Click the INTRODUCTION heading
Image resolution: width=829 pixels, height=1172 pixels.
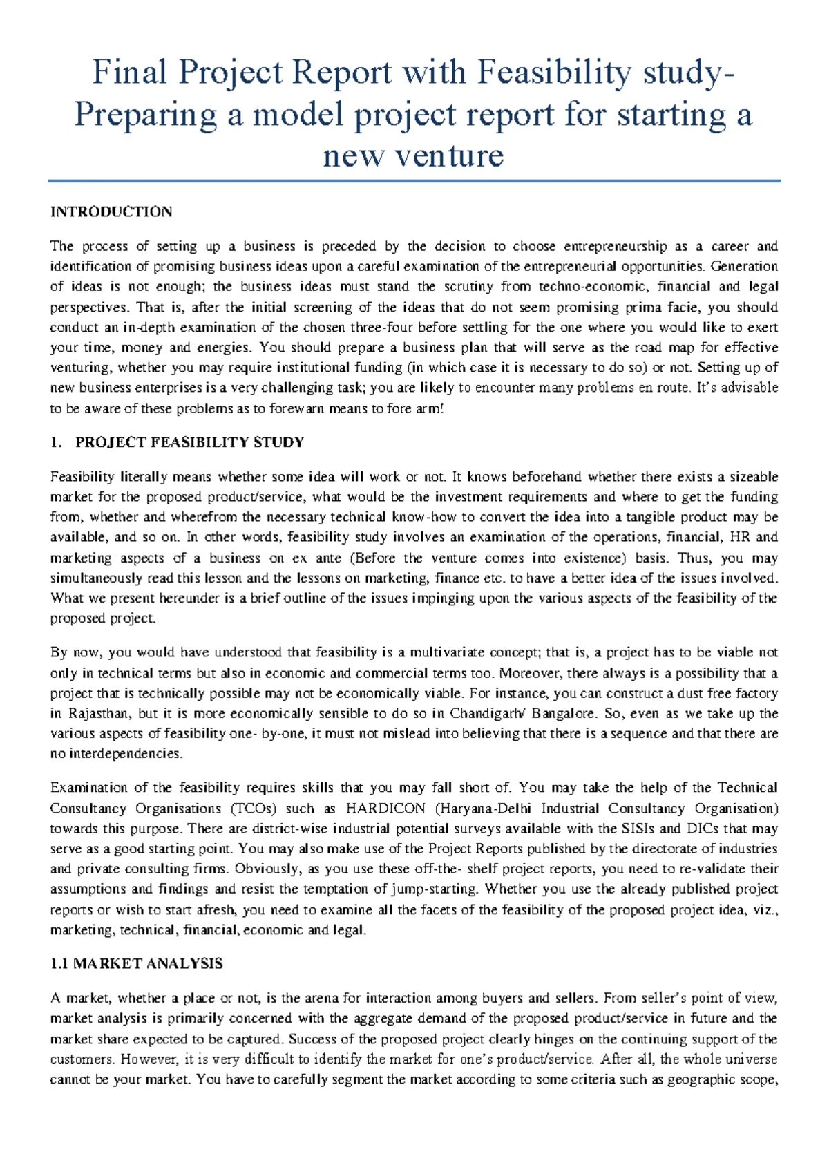pyautogui.click(x=111, y=212)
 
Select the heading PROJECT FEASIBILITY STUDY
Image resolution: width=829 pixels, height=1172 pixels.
pyautogui.click(x=189, y=443)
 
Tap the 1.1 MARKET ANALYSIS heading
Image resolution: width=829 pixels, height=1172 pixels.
pyautogui.click(x=137, y=964)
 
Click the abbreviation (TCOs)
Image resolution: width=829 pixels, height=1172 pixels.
pyautogui.click(x=253, y=809)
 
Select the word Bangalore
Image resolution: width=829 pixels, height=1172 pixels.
pyautogui.click(x=562, y=713)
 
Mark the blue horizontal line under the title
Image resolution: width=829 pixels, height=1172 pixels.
pyautogui.click(x=414, y=182)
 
